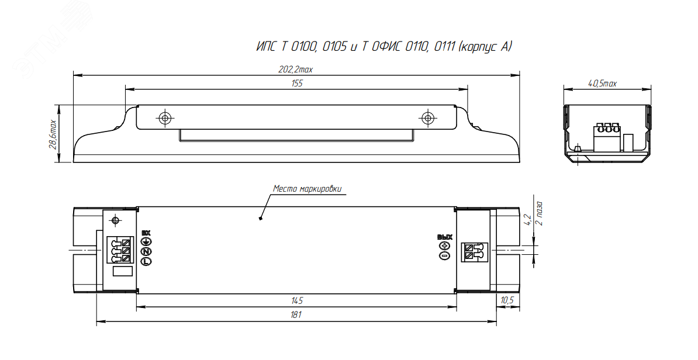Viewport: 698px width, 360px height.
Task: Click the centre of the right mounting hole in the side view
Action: (428, 118)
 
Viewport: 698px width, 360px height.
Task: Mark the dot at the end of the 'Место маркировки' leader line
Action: (260, 218)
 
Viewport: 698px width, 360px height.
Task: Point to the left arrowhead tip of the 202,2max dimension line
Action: (73, 75)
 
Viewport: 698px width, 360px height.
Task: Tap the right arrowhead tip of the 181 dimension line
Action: (497, 320)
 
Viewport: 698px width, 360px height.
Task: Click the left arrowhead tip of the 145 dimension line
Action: (137, 306)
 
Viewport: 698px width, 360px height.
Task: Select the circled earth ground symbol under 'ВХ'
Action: (146, 241)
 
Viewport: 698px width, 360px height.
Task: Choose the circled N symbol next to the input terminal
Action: (146, 252)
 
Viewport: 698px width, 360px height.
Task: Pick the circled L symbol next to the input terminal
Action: (146, 262)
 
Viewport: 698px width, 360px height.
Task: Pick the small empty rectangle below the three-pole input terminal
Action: (122, 271)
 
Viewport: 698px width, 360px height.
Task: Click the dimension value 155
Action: (297, 83)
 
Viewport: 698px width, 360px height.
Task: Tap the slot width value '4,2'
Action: (528, 220)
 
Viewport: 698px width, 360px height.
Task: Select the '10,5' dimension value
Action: (507, 300)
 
